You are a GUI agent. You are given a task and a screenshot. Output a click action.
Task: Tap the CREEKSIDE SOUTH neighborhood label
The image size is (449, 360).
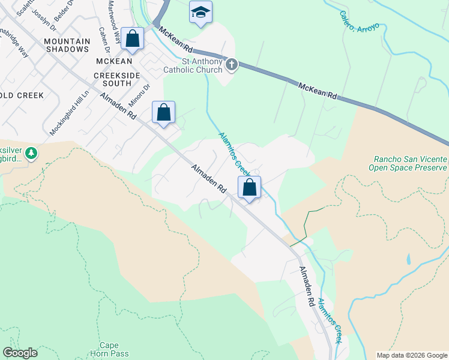coord(116,80)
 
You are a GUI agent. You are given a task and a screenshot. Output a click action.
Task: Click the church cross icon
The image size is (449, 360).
coord(232,64)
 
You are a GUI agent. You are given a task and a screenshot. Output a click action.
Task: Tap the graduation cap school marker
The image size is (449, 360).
coord(200,12)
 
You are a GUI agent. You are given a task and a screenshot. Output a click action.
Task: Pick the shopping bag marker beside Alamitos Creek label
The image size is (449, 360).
coord(250,188)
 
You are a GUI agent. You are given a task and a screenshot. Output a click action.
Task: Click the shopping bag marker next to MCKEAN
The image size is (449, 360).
coord(132,39)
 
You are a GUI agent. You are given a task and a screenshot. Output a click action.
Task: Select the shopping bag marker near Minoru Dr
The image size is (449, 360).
coord(163,112)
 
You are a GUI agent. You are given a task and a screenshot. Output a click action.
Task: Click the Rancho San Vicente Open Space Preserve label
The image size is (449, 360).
coord(410,164)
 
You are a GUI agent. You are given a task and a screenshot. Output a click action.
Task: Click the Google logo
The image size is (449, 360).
coord(20,353)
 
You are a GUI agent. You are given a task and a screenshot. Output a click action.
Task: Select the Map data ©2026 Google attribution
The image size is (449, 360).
coord(412,355)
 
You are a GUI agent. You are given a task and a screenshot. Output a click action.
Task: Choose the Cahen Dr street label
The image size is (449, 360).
coord(103,40)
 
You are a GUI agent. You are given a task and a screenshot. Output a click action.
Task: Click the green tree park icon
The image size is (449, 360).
coord(31,154)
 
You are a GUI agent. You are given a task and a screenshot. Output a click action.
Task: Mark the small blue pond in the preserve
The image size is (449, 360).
coord(408,260)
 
